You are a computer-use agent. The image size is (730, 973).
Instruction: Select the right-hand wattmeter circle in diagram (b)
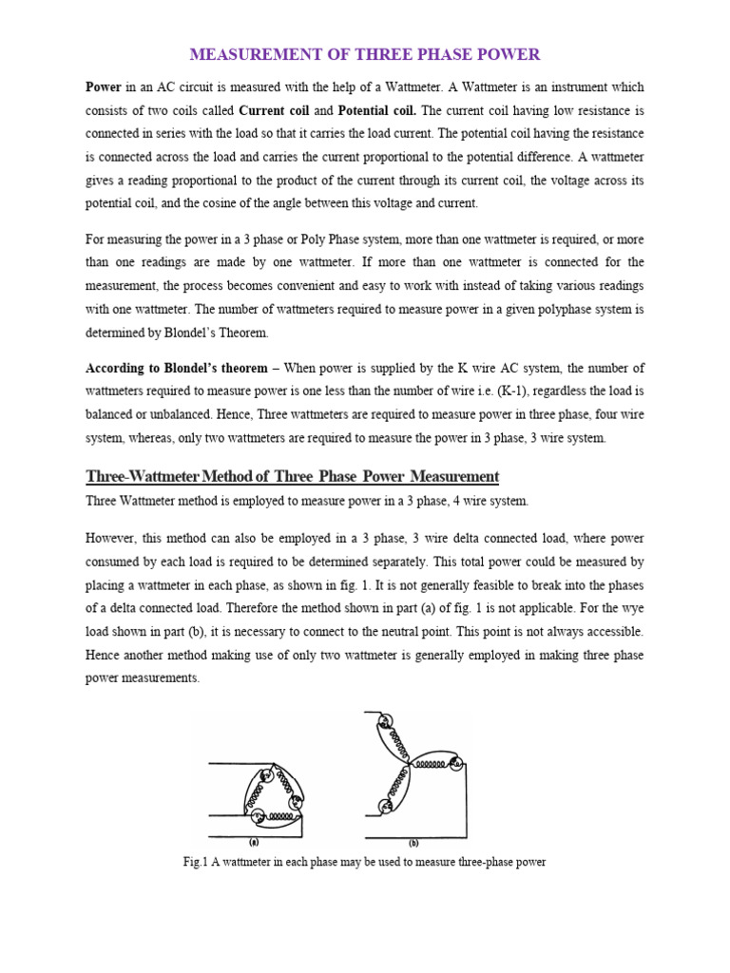454,763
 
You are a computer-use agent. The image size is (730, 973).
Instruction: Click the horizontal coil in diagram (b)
430,763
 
